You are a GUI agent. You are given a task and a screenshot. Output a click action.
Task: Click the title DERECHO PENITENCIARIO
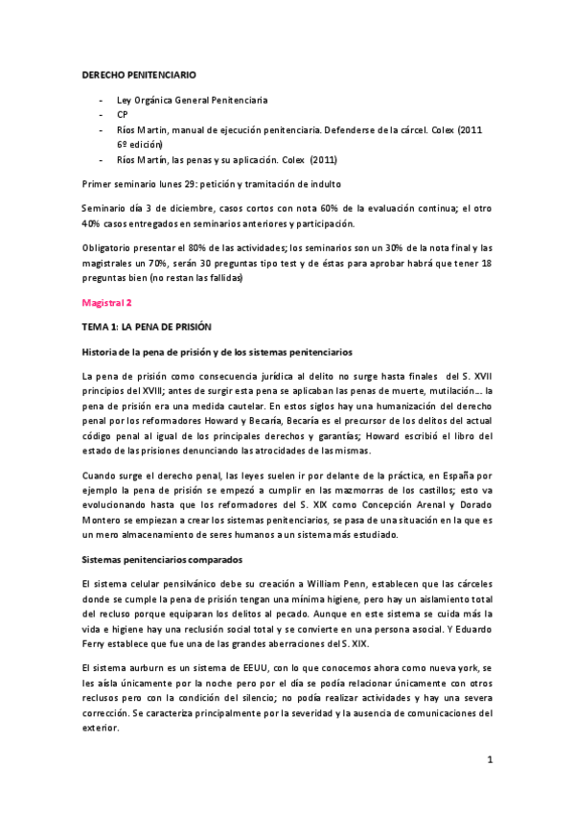click(138, 73)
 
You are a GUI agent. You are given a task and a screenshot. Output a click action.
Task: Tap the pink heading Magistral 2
click(106, 303)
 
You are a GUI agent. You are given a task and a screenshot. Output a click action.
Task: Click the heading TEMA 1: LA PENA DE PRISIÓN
click(146, 327)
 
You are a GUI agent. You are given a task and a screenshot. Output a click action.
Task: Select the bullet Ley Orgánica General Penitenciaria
click(192, 99)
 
